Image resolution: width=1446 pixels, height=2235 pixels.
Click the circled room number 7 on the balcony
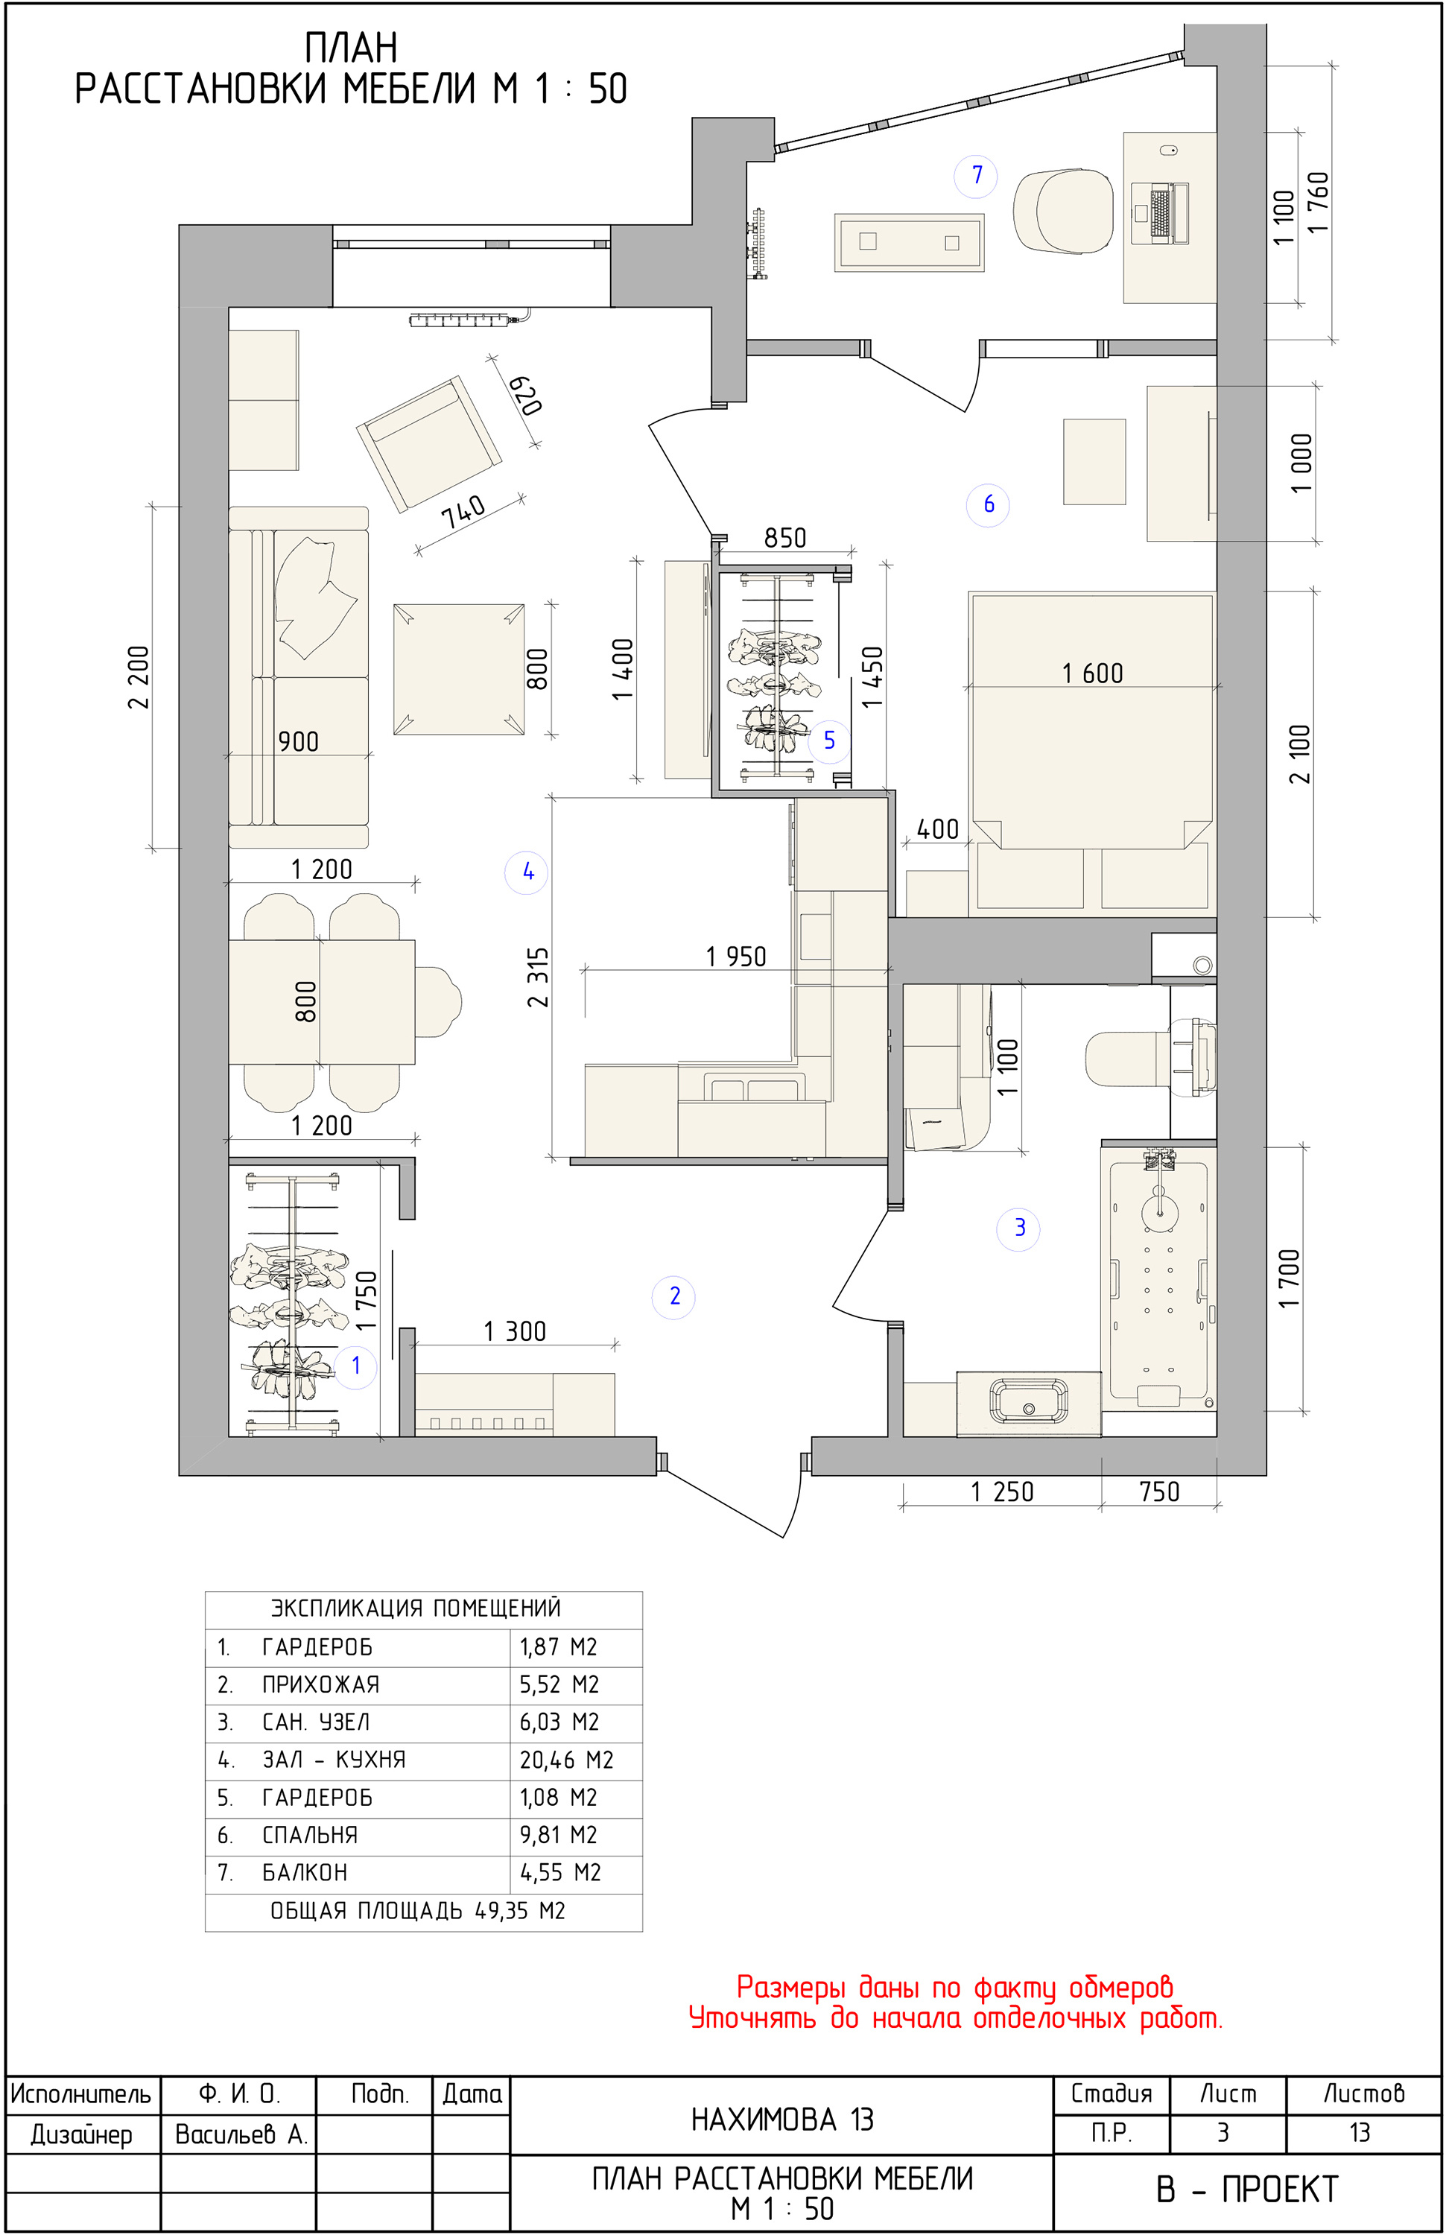[x=977, y=176]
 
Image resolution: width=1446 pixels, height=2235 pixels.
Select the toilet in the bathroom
[x=1150, y=1057]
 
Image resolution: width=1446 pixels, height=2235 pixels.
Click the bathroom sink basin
[x=1028, y=1402]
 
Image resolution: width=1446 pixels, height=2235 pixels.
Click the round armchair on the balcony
[x=1064, y=212]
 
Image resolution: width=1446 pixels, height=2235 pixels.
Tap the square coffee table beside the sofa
[x=458, y=668]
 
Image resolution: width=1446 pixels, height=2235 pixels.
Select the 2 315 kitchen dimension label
[x=537, y=977]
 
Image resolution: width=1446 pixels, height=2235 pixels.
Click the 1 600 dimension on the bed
[x=1092, y=673]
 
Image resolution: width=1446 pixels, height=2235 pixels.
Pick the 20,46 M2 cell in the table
[x=566, y=1759]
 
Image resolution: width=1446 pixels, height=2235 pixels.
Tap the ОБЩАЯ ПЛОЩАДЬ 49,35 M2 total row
[x=418, y=1911]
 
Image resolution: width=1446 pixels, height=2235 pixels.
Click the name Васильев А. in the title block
[x=241, y=2134]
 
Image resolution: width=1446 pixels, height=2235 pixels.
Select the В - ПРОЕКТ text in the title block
[x=1247, y=2189]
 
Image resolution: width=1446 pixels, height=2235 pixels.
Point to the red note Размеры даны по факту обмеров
[x=954, y=1987]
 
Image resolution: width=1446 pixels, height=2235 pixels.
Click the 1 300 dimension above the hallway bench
[x=515, y=1331]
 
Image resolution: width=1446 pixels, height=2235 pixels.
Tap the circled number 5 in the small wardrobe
[x=829, y=740]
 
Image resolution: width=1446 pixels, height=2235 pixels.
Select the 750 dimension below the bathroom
[x=1158, y=1491]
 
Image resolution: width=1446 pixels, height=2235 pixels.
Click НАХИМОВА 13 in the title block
[x=782, y=2120]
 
